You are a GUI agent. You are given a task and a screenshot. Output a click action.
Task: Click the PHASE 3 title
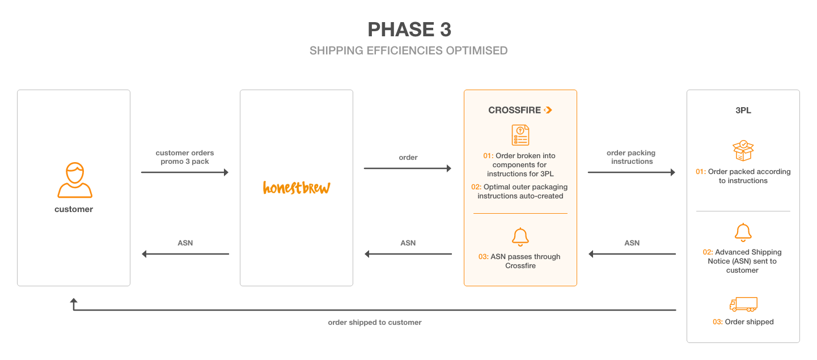(409, 29)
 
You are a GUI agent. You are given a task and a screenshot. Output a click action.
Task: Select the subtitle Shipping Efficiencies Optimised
(408, 50)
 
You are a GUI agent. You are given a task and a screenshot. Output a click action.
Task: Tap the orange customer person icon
(75, 180)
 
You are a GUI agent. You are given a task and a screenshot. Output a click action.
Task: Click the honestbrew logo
(297, 188)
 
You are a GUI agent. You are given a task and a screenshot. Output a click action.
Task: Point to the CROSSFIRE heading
(520, 110)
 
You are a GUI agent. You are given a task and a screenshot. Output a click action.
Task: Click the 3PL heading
(743, 110)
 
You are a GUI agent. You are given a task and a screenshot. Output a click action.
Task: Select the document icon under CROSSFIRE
(520, 135)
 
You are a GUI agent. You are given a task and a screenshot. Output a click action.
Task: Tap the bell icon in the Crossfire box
(520, 237)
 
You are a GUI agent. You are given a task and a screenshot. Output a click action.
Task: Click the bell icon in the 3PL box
(743, 232)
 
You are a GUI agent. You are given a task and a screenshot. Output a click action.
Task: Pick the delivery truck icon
(743, 304)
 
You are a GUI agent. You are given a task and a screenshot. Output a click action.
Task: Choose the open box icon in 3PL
(743, 151)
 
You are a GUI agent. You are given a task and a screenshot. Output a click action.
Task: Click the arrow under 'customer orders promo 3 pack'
(185, 172)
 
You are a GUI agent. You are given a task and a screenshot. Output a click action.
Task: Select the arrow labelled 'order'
(408, 168)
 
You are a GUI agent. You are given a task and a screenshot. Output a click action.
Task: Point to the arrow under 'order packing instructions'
(632, 172)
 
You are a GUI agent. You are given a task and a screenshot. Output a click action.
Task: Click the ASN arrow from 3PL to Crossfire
(632, 254)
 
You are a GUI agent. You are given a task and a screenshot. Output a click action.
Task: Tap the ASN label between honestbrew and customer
(185, 243)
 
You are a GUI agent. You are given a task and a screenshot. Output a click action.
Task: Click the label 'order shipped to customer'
(375, 323)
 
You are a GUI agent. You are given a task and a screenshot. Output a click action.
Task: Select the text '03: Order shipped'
(743, 321)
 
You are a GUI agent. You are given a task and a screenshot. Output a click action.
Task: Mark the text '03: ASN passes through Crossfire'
(520, 261)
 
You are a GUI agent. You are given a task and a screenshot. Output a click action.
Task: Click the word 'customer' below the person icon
(74, 209)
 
